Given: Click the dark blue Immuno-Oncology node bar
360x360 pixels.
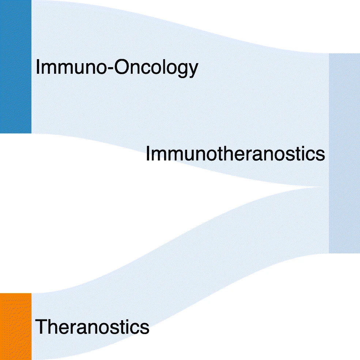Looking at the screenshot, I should (x=15, y=66).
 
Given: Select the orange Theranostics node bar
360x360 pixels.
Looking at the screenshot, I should (x=15, y=326).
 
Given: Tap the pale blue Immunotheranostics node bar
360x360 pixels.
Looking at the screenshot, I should (x=344, y=153).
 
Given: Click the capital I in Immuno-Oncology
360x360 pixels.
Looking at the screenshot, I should (x=38, y=68).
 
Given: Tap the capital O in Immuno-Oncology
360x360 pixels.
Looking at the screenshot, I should (x=121, y=68).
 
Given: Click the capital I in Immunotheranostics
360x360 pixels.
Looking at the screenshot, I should (x=148, y=154).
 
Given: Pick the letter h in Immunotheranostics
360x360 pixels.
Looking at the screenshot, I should (x=216, y=154).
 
